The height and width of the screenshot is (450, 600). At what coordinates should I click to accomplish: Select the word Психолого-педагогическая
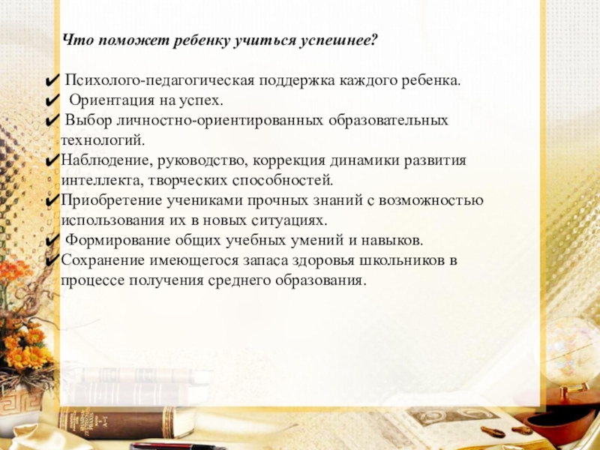[160, 80]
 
